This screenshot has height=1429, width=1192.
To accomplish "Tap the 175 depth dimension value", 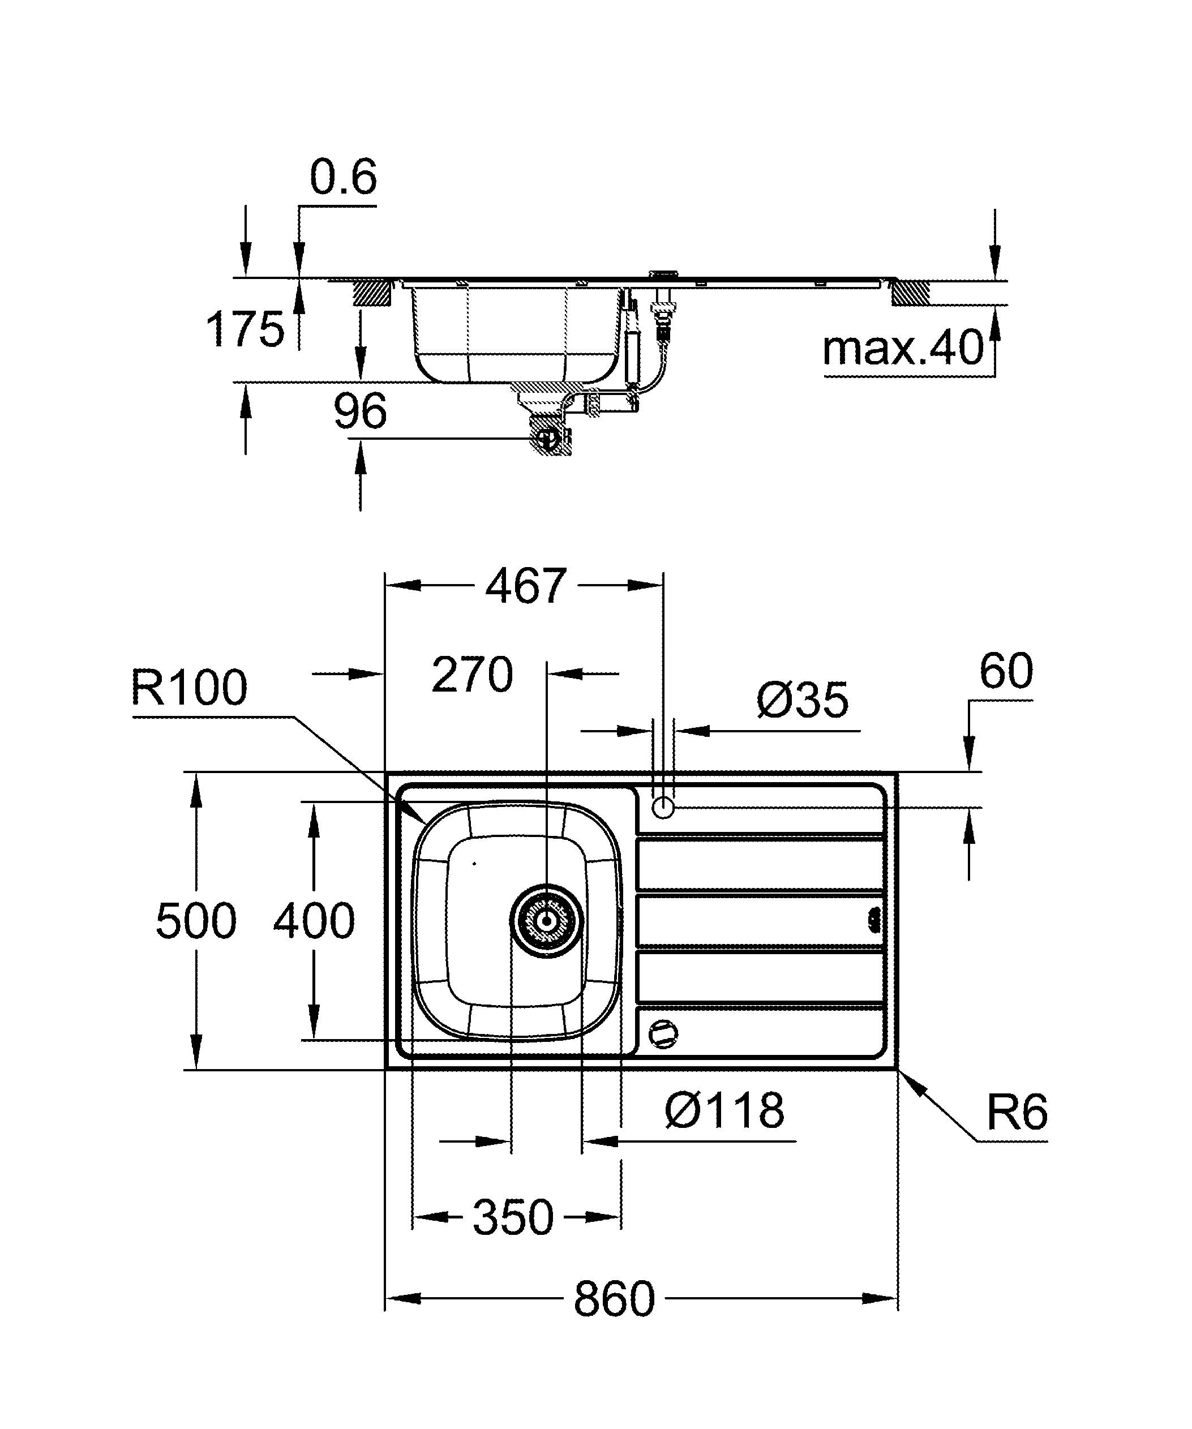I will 245,329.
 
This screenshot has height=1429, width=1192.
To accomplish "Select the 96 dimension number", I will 360,411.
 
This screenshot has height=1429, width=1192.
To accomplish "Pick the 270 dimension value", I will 472,675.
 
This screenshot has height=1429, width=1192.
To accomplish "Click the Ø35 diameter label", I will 802,700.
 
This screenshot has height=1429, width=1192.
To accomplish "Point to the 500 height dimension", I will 196,921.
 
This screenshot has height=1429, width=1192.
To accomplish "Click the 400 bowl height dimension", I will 314,921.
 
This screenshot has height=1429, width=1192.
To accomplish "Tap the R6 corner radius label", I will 1017,1113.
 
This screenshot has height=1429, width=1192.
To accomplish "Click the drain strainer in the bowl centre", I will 546,921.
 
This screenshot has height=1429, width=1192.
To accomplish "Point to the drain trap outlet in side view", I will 548,440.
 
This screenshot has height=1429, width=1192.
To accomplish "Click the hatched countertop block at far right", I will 910,293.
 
